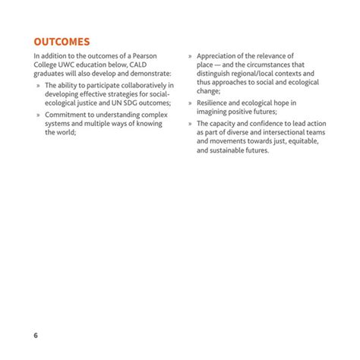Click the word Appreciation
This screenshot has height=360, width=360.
tap(221, 57)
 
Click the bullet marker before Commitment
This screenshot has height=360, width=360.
tap(37, 115)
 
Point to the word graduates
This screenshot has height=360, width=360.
tap(52, 75)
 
